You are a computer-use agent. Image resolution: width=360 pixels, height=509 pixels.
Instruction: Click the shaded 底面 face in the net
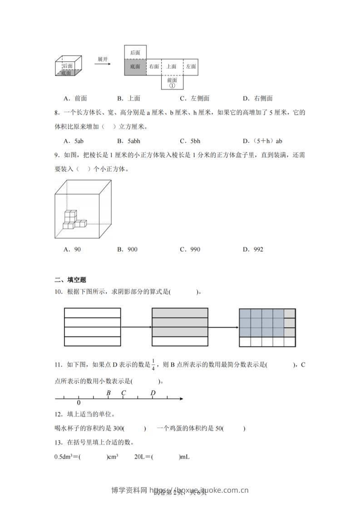(x=135, y=66)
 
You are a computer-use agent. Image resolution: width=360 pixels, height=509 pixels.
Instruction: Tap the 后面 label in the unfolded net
(x=135, y=53)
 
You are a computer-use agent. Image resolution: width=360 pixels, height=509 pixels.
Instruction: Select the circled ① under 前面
(x=172, y=85)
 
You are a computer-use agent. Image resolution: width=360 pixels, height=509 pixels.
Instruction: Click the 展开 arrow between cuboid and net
(x=103, y=64)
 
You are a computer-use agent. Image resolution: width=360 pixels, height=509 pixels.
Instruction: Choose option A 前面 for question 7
(x=75, y=98)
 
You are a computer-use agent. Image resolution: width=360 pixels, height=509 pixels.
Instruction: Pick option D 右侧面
(x=257, y=98)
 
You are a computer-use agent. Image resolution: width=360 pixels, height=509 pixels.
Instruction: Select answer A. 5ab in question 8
(x=74, y=141)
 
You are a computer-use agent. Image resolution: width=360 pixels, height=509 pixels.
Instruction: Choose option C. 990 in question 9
(x=190, y=249)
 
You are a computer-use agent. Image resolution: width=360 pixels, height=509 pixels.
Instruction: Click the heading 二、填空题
(x=67, y=280)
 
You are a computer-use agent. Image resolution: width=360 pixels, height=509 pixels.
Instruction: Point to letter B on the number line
(x=108, y=393)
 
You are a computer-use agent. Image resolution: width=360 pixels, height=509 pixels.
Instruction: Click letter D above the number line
(x=153, y=393)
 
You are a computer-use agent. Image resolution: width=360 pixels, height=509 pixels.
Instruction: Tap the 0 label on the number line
(x=79, y=403)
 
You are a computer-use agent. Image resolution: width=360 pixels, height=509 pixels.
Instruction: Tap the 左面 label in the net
(x=191, y=66)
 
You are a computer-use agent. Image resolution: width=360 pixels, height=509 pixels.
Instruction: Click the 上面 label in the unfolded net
(x=172, y=66)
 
